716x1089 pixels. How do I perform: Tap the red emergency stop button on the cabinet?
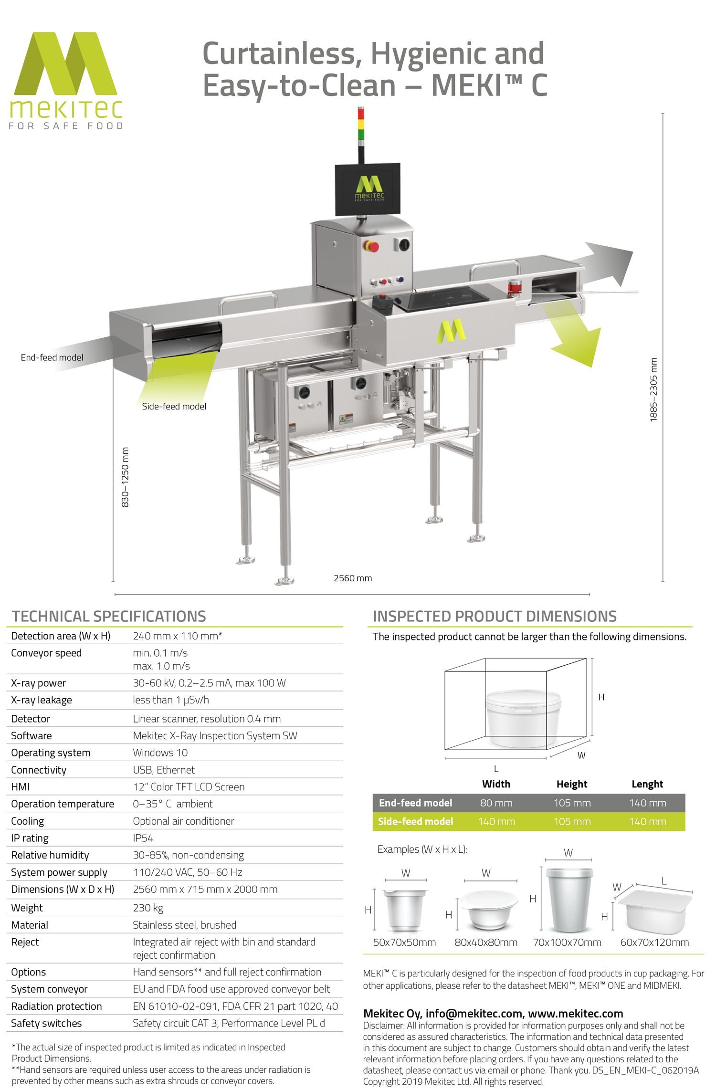click(x=372, y=246)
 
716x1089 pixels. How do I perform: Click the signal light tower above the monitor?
click(x=361, y=124)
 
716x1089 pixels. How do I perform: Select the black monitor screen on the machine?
click(x=368, y=189)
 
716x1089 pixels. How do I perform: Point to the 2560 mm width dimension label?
click(x=352, y=578)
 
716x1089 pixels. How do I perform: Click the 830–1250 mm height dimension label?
click(x=125, y=477)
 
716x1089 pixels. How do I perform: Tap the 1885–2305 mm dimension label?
click(x=653, y=389)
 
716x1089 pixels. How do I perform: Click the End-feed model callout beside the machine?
click(x=52, y=357)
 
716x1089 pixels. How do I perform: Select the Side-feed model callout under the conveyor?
click(x=174, y=406)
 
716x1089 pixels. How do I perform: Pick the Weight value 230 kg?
click(x=148, y=908)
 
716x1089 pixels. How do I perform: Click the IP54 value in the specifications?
click(x=143, y=838)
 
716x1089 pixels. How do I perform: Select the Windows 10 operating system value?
click(x=160, y=753)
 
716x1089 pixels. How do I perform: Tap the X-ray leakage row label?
click(x=42, y=700)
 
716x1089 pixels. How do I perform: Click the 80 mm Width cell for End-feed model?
click(x=496, y=803)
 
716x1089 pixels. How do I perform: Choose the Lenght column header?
click(x=647, y=784)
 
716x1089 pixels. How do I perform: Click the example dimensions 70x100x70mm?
click(x=567, y=942)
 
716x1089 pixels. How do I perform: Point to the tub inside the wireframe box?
click(x=523, y=718)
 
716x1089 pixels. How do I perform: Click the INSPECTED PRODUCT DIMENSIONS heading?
click(x=495, y=616)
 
